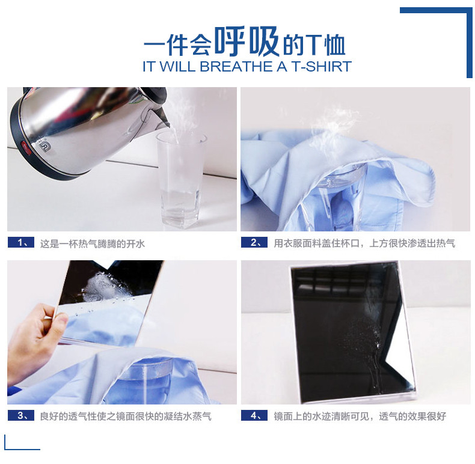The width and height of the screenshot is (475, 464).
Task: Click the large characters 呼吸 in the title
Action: click(248, 43)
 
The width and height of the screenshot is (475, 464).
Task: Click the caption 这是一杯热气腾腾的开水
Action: click(93, 243)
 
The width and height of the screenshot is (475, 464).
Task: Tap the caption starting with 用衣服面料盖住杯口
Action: click(364, 243)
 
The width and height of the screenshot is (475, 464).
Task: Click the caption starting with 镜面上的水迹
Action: click(360, 416)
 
